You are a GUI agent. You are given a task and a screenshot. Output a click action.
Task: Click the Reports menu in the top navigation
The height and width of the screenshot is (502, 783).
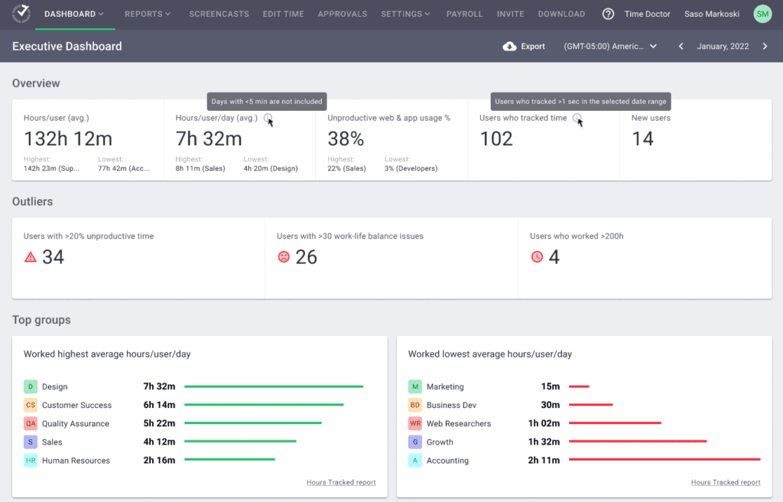click(147, 14)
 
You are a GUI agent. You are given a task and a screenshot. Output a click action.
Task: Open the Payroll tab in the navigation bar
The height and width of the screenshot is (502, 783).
click(464, 14)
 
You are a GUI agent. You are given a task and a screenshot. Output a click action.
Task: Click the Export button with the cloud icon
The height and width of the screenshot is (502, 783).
click(524, 47)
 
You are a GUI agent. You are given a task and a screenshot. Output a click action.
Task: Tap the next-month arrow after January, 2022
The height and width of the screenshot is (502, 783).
click(765, 47)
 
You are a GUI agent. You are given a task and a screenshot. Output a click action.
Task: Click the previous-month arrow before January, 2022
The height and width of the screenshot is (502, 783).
click(681, 47)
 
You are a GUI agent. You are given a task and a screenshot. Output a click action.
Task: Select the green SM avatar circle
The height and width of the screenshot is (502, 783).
click(762, 14)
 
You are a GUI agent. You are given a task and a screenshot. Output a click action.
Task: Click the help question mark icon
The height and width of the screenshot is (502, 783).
click(608, 14)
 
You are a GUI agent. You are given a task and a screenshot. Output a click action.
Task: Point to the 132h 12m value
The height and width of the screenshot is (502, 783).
click(68, 139)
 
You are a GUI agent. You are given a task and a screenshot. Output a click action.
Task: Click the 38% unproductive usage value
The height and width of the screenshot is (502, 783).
click(346, 139)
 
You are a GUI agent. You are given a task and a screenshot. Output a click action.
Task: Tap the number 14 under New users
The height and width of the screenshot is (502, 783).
click(642, 139)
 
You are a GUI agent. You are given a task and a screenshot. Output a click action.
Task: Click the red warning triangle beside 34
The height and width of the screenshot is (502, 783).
click(31, 257)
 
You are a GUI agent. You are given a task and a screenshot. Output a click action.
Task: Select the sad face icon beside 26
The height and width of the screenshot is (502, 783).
click(284, 257)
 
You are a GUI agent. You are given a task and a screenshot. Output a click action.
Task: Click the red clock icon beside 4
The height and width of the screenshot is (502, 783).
click(537, 257)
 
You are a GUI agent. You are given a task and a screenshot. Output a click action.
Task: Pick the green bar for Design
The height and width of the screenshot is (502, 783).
click(273, 387)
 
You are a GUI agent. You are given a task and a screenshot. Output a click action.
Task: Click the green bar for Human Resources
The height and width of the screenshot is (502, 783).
click(229, 460)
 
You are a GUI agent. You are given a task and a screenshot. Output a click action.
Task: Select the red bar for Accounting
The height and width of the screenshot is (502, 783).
click(664, 460)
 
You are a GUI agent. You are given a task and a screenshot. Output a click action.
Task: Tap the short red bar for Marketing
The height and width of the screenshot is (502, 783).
click(579, 387)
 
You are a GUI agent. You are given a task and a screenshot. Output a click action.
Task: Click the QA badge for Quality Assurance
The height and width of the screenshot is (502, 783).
click(31, 423)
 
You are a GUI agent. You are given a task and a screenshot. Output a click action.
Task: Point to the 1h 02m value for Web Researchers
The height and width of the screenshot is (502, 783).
click(544, 423)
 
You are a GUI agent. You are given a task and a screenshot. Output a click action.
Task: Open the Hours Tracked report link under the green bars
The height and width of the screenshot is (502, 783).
click(341, 482)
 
